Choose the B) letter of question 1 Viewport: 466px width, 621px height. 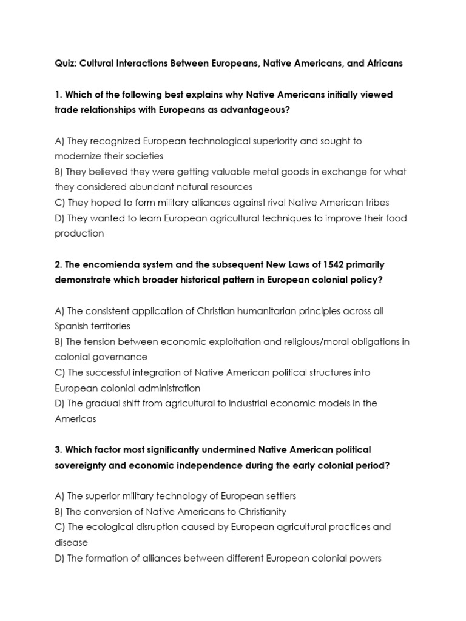click(59, 172)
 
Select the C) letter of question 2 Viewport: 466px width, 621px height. click(59, 372)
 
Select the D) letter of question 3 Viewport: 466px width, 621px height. click(59, 558)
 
